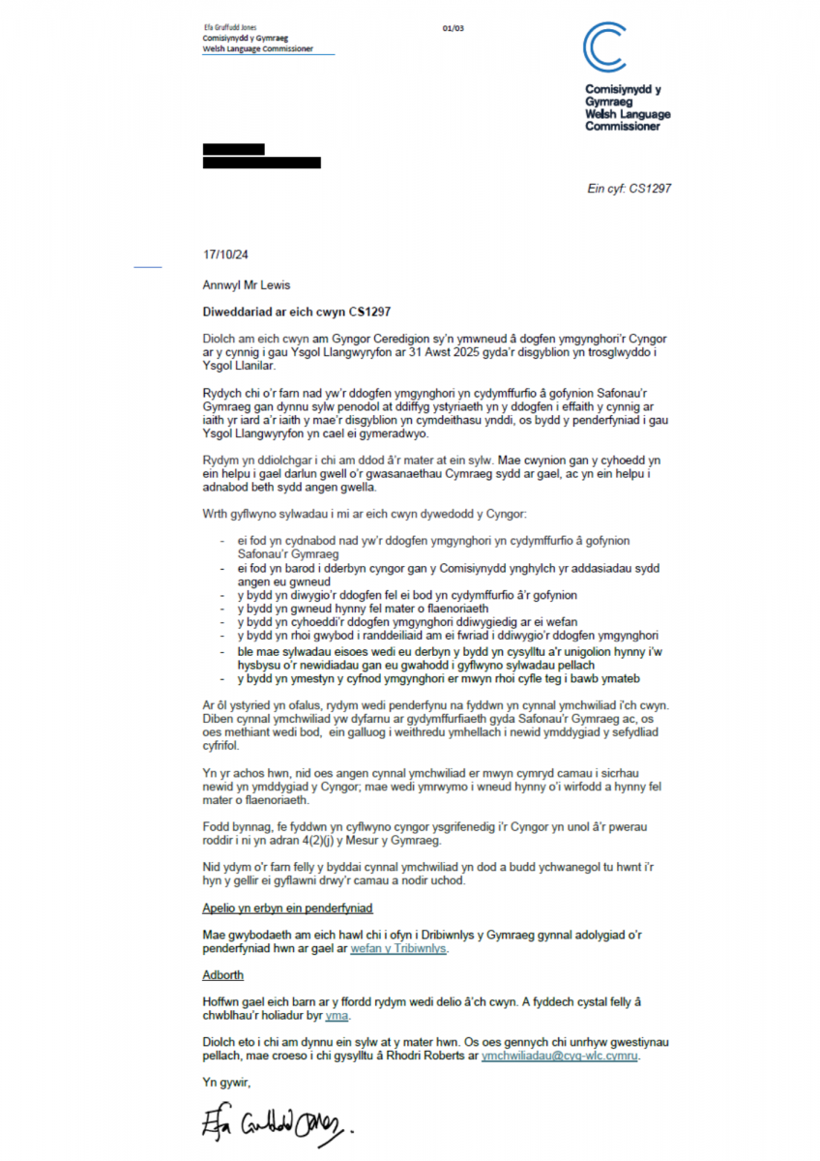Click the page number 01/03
[454, 29]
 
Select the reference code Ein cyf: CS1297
[629, 188]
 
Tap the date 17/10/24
[225, 255]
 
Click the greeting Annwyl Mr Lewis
[246, 285]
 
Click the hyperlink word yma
[337, 1016]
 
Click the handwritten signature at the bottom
[275, 1124]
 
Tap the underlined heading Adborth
[223, 975]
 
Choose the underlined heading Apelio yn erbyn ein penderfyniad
[287, 908]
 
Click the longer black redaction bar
[261, 164]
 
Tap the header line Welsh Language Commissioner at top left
[257, 48]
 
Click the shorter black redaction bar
[233, 149]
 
